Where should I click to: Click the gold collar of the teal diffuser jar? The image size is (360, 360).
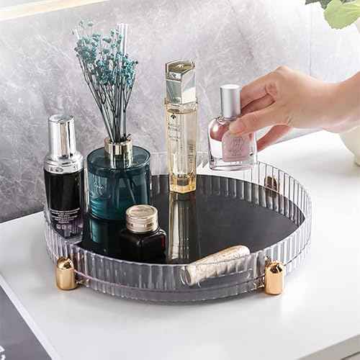tap(119, 149)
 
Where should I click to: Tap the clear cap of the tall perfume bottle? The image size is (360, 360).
tap(180, 81)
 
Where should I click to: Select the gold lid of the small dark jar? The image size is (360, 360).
tap(142, 218)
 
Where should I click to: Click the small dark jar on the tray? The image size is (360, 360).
tap(143, 241)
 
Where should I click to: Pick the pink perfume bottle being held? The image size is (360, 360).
tap(232, 144)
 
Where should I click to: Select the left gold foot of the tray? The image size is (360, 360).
tap(66, 274)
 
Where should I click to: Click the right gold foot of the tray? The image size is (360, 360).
tap(274, 277)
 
